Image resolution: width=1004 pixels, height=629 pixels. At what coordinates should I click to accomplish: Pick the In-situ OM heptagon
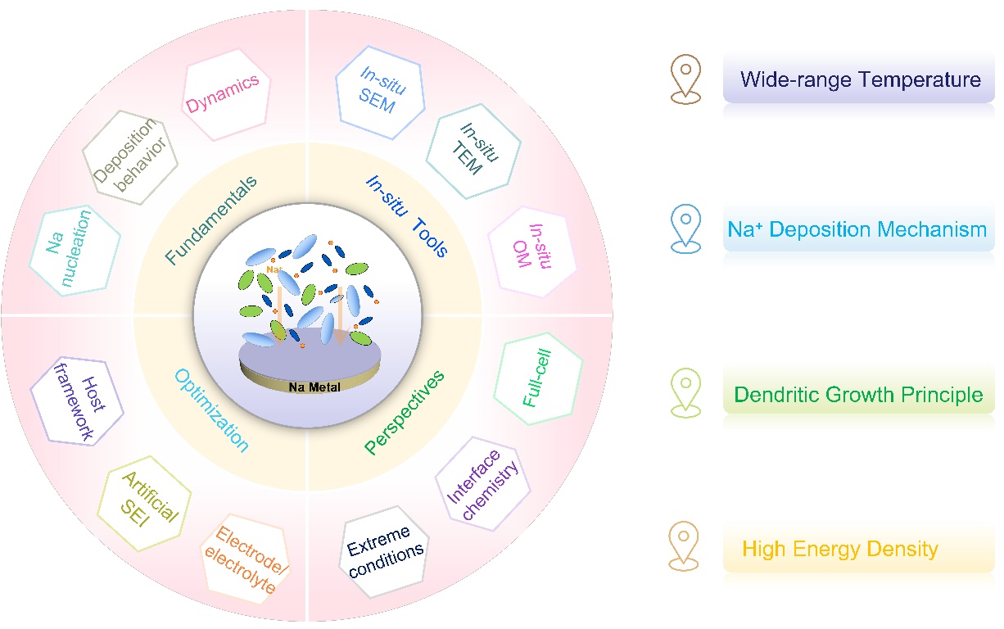[533, 251]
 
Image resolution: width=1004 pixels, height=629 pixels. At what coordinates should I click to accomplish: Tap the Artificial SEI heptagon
[145, 500]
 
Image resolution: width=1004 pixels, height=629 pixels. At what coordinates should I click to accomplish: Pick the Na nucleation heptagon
[74, 250]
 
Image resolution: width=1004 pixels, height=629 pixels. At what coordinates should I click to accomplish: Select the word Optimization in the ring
[211, 410]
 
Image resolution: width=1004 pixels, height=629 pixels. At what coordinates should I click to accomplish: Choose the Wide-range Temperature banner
[860, 80]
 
